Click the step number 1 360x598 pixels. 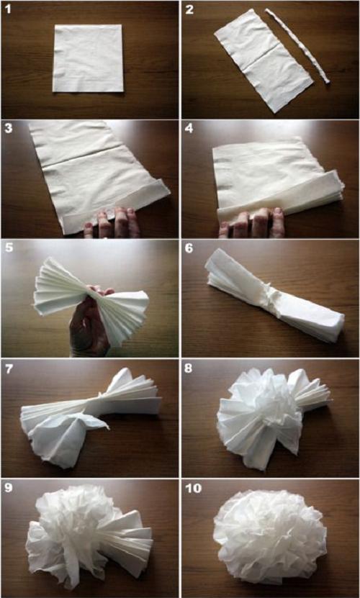(9, 9)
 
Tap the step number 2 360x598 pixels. (190, 9)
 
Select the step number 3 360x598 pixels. (9, 129)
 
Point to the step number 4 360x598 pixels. (190, 129)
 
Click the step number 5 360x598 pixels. (9, 248)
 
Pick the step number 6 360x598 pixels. (190, 248)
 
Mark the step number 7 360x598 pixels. (9, 368)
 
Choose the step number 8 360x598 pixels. (190, 368)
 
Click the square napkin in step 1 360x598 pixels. (88, 58)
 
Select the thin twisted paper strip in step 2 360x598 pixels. (298, 45)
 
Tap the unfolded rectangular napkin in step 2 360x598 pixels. (264, 60)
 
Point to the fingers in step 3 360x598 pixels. (111, 223)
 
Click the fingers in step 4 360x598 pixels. (251, 223)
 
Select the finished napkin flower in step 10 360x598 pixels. (269, 537)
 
